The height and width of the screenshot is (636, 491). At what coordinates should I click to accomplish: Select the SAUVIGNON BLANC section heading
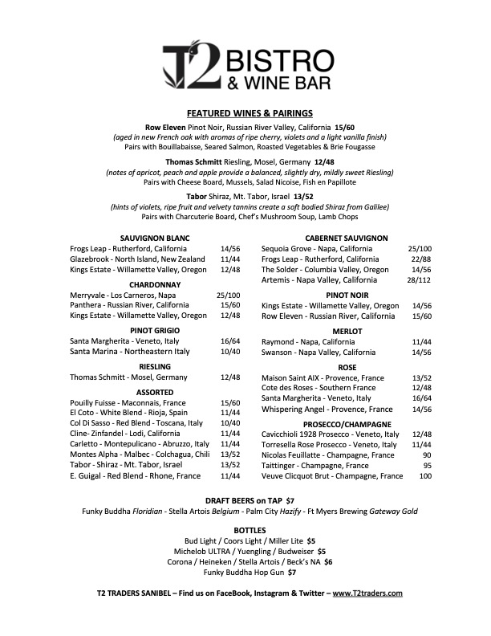point(155,238)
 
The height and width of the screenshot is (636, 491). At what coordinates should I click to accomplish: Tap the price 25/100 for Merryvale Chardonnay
point(229,295)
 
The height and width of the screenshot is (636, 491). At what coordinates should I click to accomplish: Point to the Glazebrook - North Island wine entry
point(137,259)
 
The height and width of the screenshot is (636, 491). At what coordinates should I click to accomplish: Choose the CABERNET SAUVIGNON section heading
point(347,238)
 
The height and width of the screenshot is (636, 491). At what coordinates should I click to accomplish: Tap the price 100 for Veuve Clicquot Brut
point(424,476)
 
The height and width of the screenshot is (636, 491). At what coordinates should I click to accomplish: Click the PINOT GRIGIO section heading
point(155,330)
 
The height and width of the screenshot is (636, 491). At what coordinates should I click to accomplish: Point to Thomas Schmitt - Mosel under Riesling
point(128,377)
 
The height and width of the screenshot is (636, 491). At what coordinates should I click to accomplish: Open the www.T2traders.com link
point(367,593)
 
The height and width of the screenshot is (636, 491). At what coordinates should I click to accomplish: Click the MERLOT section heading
point(347,331)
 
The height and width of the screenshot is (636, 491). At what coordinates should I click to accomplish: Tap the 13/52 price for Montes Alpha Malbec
point(229,454)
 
